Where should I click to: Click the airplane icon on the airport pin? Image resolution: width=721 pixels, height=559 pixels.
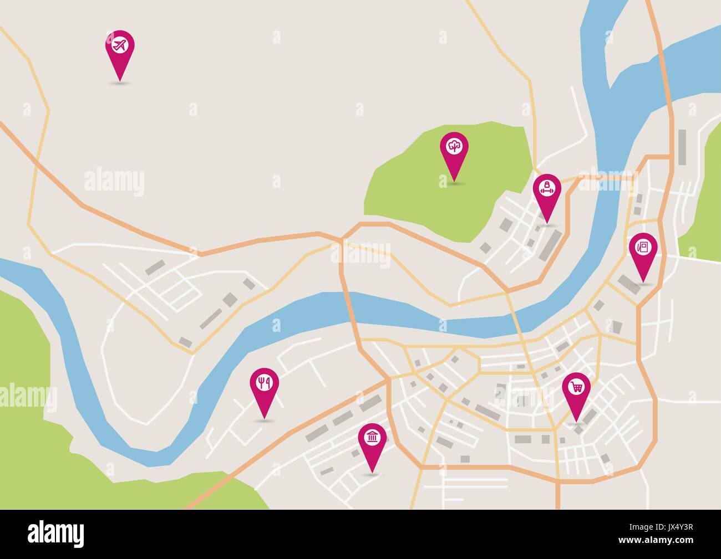[x=120, y=44]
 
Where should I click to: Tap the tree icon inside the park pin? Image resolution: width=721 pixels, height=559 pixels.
[x=454, y=146]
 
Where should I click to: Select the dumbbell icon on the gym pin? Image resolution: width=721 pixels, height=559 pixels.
[x=547, y=188]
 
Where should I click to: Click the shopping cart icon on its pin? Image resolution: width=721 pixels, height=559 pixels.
[x=577, y=386]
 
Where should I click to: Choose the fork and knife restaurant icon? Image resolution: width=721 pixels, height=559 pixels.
[x=264, y=382]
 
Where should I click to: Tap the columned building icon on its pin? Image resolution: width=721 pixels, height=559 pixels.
[x=372, y=438]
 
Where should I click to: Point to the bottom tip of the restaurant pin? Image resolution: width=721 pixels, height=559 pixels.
[x=264, y=417]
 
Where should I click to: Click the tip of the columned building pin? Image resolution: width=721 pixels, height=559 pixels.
[x=372, y=473]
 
